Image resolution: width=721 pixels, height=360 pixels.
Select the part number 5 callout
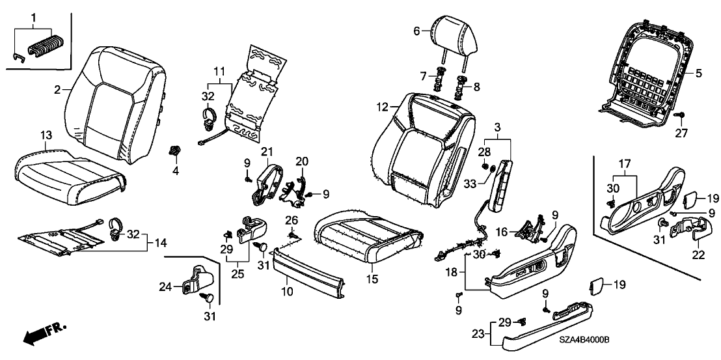click(x=698, y=74)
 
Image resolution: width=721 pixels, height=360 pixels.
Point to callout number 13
click(x=45, y=135)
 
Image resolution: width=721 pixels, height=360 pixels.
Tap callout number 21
click(x=266, y=152)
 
